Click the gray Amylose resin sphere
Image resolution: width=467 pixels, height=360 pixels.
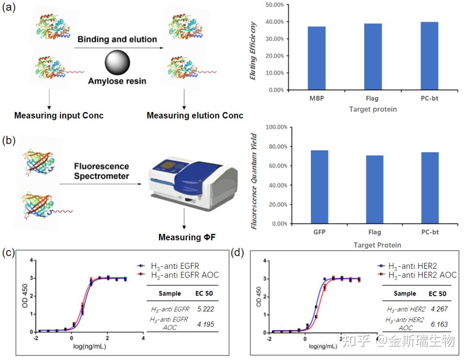click(x=117, y=63)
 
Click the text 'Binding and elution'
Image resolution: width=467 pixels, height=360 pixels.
click(x=117, y=39)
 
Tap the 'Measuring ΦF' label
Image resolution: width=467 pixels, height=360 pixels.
click(x=186, y=237)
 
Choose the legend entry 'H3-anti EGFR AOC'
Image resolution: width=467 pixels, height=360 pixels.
click(x=184, y=275)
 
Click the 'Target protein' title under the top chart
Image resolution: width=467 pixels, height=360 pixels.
click(x=373, y=109)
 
